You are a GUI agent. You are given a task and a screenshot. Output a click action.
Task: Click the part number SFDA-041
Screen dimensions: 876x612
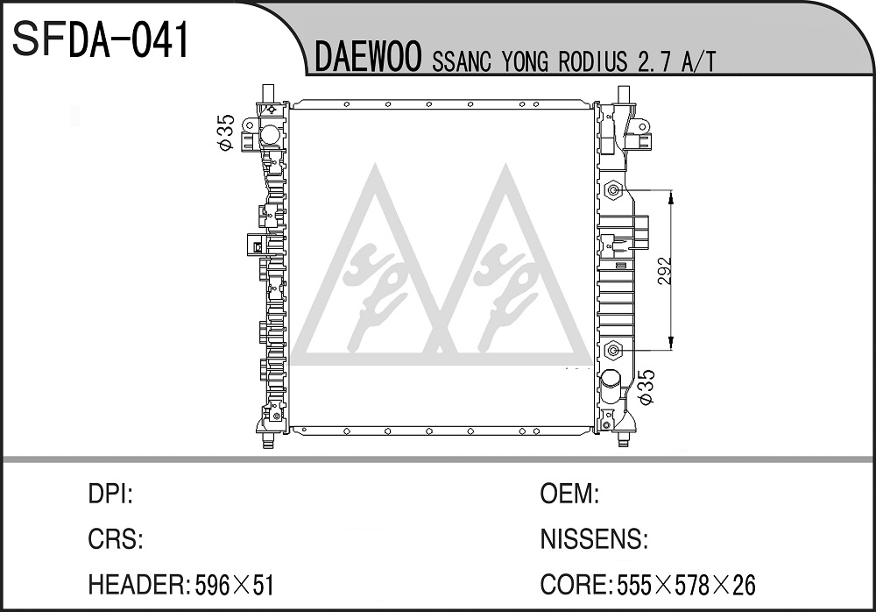pos(101,40)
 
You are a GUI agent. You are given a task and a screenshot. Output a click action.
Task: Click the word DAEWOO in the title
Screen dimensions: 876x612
pos(368,59)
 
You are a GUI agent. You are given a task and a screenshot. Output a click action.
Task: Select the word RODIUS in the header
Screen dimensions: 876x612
pos(593,61)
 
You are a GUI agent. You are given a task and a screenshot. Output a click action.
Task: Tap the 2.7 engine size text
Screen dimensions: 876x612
pos(653,61)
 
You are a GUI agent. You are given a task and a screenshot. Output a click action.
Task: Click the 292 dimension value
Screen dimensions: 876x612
pos(664,271)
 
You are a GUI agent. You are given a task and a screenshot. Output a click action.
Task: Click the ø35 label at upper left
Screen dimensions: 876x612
pos(226,132)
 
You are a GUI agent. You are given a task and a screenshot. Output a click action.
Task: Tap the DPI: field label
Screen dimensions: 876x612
pos(110,495)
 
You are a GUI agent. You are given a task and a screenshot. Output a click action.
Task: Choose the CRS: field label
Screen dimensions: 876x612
pos(116,539)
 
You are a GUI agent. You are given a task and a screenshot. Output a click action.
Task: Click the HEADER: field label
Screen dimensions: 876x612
pos(139,585)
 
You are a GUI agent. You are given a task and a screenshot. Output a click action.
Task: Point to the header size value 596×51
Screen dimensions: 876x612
pos(234,585)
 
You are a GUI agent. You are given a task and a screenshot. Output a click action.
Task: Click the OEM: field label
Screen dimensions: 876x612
pos(569,495)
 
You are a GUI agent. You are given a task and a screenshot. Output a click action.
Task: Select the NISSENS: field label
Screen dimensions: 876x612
pos(594,539)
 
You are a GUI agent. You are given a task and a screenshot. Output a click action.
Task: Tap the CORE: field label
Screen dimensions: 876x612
pos(576,585)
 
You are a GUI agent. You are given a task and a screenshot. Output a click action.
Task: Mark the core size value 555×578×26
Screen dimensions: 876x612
pos(686,585)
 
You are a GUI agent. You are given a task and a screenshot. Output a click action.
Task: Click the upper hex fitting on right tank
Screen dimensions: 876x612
pos(614,191)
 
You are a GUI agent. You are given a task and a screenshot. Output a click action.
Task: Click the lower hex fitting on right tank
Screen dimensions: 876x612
pos(614,351)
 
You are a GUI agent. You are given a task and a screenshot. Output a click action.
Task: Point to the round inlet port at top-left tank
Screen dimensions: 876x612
pos(269,135)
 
